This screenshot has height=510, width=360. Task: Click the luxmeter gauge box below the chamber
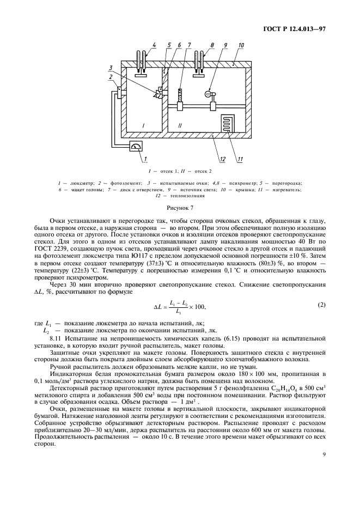click(x=137, y=147)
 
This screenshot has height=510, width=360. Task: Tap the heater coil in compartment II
click(x=227, y=124)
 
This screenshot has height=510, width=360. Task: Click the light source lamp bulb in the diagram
click(x=208, y=94)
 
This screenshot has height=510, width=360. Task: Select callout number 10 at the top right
click(x=241, y=45)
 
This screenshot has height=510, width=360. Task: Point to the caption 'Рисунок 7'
click(x=180, y=208)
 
